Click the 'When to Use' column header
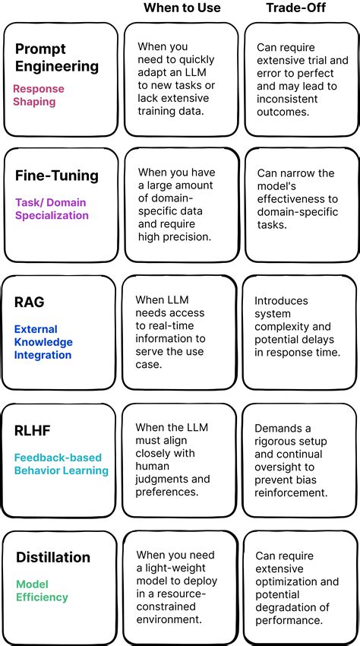point(182,8)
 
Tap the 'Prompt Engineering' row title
point(57,57)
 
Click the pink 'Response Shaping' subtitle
point(39,95)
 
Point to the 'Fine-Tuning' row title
point(57,176)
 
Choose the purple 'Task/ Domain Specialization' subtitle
point(52,209)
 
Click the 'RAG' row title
point(30,302)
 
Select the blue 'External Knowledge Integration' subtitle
point(43,342)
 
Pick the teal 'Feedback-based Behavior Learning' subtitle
point(61,464)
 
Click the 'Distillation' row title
point(53,557)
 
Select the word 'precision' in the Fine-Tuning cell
point(187,236)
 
